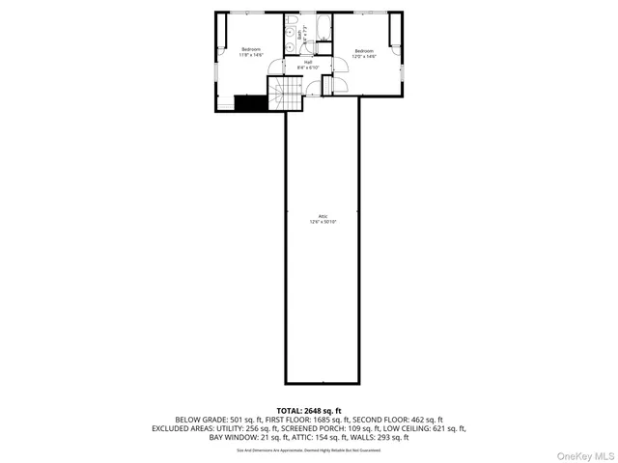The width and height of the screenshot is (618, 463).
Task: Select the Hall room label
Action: (x=306, y=65)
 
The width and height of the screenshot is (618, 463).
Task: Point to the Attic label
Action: (x=323, y=219)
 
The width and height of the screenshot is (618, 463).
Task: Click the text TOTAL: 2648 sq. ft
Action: (x=308, y=411)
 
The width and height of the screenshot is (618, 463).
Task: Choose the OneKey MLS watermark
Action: (x=582, y=454)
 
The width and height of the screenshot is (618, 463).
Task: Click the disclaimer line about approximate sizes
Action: (x=308, y=449)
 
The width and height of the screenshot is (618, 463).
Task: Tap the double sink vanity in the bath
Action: (x=291, y=38)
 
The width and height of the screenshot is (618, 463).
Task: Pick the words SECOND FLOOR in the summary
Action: (x=378, y=420)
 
